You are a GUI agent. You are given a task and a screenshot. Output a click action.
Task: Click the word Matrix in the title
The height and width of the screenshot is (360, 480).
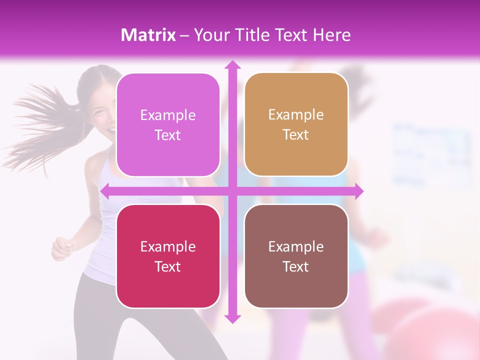click(x=148, y=35)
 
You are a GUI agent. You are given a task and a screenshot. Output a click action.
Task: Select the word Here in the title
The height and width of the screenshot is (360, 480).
click(x=331, y=35)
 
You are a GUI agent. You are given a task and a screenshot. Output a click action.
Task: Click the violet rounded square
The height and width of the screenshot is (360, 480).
click(x=168, y=125)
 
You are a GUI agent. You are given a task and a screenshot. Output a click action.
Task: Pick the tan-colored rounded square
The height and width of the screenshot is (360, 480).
click(x=296, y=124)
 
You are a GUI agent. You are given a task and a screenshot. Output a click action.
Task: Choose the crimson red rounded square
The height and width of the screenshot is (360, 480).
click(x=168, y=256)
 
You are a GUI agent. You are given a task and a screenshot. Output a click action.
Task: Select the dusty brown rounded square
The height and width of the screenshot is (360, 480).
click(x=296, y=256)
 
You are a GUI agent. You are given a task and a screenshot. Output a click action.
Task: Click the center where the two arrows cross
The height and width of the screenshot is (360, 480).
click(x=232, y=191)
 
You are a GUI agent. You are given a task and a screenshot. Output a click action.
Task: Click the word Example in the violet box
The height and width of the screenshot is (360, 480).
click(x=168, y=115)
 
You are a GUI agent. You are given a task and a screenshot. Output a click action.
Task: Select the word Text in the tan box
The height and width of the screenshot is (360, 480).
click(x=296, y=135)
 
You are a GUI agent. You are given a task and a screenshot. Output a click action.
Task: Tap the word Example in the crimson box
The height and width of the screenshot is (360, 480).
click(x=168, y=246)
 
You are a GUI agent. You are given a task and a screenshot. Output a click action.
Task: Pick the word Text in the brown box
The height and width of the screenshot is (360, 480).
click(x=296, y=266)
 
